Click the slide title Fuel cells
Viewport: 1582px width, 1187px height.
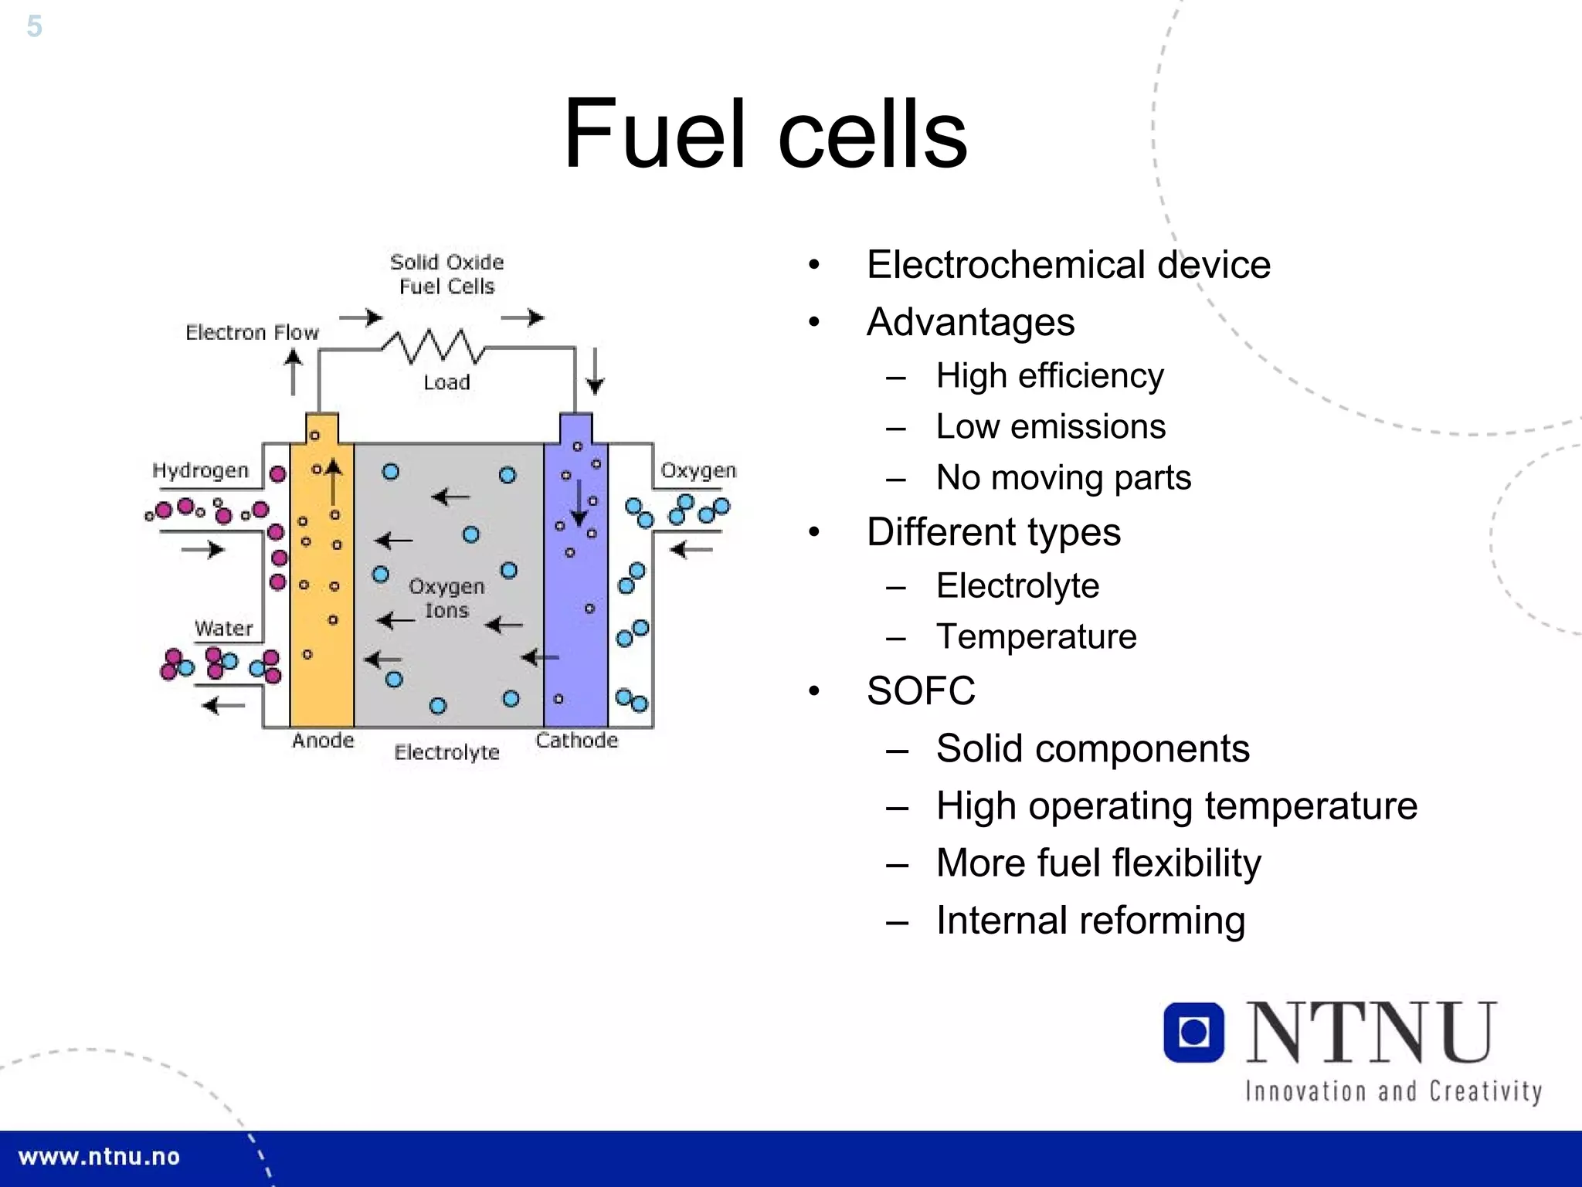coord(765,133)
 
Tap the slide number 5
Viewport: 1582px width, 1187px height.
coord(34,26)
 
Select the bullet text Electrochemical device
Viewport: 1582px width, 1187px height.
coord(1068,265)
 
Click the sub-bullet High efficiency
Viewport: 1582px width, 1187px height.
coord(1049,376)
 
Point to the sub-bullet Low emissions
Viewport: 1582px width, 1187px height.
coord(1051,427)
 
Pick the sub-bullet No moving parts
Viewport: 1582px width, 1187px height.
coord(1063,478)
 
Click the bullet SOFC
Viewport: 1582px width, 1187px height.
coord(921,690)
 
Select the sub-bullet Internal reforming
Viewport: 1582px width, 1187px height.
coord(1090,921)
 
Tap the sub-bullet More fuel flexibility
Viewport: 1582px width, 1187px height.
coord(1098,863)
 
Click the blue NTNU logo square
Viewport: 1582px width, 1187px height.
coord(1193,1033)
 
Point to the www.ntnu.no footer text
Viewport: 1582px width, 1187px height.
coord(99,1157)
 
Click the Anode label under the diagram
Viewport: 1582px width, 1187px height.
coord(323,741)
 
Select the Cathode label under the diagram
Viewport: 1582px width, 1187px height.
coord(576,741)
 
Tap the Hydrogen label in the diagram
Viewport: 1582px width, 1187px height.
coord(200,470)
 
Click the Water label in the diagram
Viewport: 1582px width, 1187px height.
coord(223,628)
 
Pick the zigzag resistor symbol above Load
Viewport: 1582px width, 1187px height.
coord(434,347)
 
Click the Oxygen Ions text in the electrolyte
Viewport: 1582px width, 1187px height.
coord(446,599)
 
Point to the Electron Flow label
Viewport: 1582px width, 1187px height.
coord(252,333)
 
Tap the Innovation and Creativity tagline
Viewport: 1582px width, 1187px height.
coord(1393,1092)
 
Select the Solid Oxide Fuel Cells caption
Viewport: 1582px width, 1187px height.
coord(446,274)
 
